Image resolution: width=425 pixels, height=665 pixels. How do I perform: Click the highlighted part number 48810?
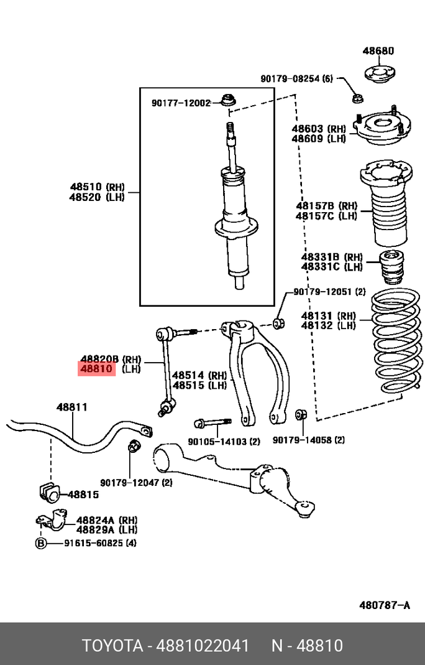[96, 369]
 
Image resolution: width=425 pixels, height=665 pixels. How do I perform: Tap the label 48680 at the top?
[378, 51]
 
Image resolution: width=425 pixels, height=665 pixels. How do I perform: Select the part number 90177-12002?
[181, 103]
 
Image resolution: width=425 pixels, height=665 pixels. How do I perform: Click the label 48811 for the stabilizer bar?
[71, 407]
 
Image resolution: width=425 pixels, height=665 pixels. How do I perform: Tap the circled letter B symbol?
[41, 543]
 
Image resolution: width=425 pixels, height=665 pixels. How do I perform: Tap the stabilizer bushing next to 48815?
[48, 491]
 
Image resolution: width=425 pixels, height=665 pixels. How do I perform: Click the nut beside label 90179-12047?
[132, 445]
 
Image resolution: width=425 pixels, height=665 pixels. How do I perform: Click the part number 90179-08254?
[290, 79]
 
